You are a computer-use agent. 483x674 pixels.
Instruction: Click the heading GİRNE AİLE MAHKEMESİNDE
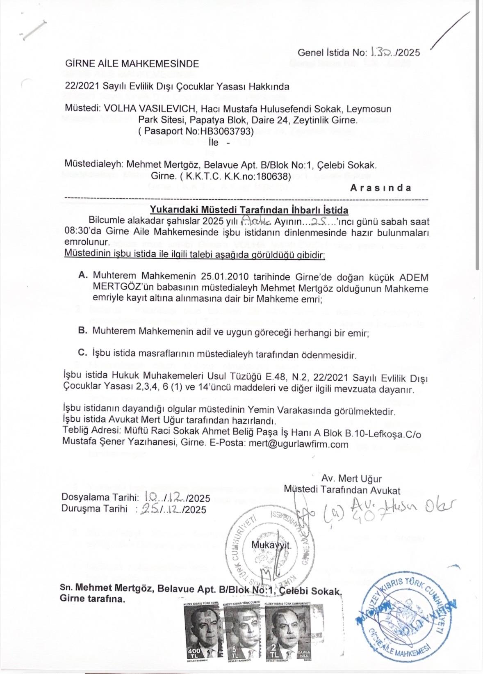[132, 64]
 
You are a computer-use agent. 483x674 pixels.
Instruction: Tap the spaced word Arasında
[380, 187]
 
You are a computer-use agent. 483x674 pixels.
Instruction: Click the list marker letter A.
[82, 274]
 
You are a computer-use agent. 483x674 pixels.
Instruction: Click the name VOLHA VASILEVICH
[150, 109]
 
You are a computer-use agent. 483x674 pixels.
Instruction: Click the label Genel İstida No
[332, 53]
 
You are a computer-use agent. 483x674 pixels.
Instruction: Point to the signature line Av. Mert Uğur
[351, 478]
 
